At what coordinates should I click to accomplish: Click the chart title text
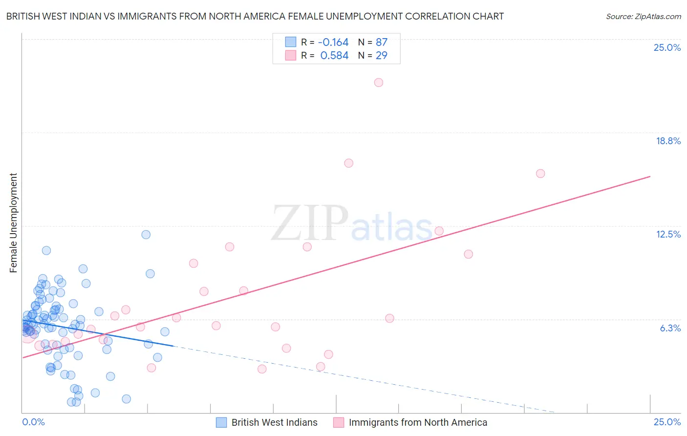255,16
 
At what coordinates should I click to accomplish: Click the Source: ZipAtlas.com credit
643,16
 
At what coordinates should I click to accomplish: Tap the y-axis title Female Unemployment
13,222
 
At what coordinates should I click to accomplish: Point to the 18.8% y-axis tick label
668,141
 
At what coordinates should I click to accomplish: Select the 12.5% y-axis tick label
668,234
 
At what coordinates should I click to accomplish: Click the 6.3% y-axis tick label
670,328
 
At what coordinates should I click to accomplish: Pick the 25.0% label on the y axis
667,47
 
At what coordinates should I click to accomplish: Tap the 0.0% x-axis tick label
33,422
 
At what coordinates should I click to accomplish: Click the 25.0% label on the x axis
667,422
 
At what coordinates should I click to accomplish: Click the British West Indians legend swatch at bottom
221,422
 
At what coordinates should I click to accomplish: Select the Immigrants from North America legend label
418,422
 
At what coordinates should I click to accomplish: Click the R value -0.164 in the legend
333,42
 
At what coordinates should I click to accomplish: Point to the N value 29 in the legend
381,55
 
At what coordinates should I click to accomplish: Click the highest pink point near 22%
379,83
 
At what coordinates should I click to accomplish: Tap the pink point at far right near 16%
540,174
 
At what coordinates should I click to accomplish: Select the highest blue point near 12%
146,235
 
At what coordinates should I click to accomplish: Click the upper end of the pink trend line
650,176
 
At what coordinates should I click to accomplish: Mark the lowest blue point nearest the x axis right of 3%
126,399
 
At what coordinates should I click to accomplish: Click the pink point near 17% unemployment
349,163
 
